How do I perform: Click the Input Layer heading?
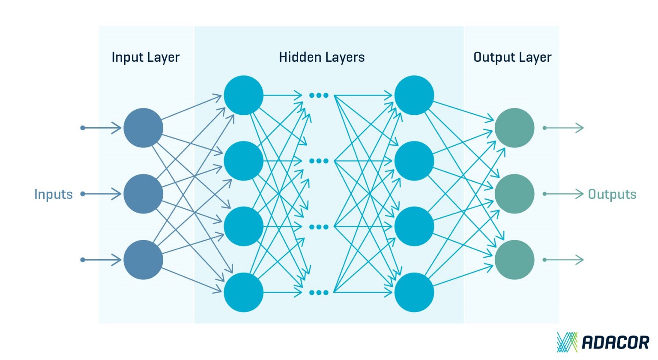(x=145, y=57)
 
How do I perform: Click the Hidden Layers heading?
(x=321, y=57)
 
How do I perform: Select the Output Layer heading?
(x=512, y=57)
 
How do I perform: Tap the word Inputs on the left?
(x=54, y=194)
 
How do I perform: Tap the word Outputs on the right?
(x=612, y=194)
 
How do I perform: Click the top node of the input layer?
(x=143, y=128)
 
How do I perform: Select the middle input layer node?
(x=143, y=194)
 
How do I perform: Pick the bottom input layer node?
(x=143, y=260)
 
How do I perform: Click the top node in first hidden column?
(x=243, y=95)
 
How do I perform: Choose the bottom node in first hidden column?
(x=243, y=292)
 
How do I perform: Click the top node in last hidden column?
(x=414, y=95)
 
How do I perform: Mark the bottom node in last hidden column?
(x=414, y=292)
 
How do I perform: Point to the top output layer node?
(x=514, y=128)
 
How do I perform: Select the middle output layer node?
(x=514, y=194)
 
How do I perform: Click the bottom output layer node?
(x=514, y=260)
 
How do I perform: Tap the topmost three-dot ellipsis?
(x=319, y=95)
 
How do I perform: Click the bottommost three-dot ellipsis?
(x=319, y=293)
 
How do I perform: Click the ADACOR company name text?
(x=615, y=342)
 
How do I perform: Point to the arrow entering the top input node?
(x=102, y=128)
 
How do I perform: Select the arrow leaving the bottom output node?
(x=564, y=260)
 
